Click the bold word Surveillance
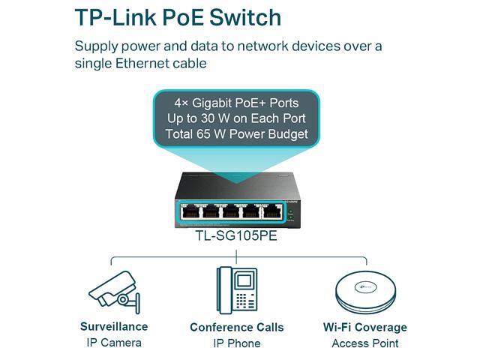coord(114,326)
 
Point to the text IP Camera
coord(114,343)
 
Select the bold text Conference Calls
coord(237,327)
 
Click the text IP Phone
coord(237,343)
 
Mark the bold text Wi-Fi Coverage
coord(365,327)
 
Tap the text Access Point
coord(365,343)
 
